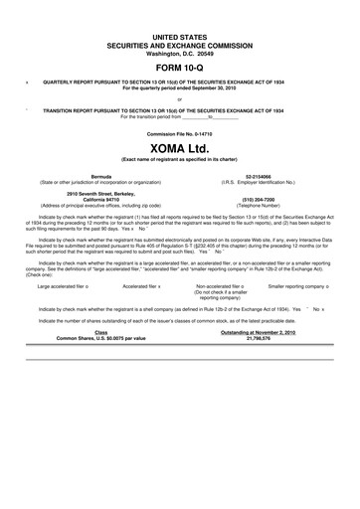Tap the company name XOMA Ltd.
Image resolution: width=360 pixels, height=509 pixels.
pyautogui.click(x=179, y=149)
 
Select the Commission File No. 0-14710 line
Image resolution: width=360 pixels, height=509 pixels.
pyautogui.click(x=180, y=132)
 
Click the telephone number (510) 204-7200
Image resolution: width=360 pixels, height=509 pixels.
pyautogui.click(x=259, y=197)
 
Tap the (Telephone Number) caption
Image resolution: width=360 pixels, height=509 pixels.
pyautogui.click(x=259, y=203)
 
